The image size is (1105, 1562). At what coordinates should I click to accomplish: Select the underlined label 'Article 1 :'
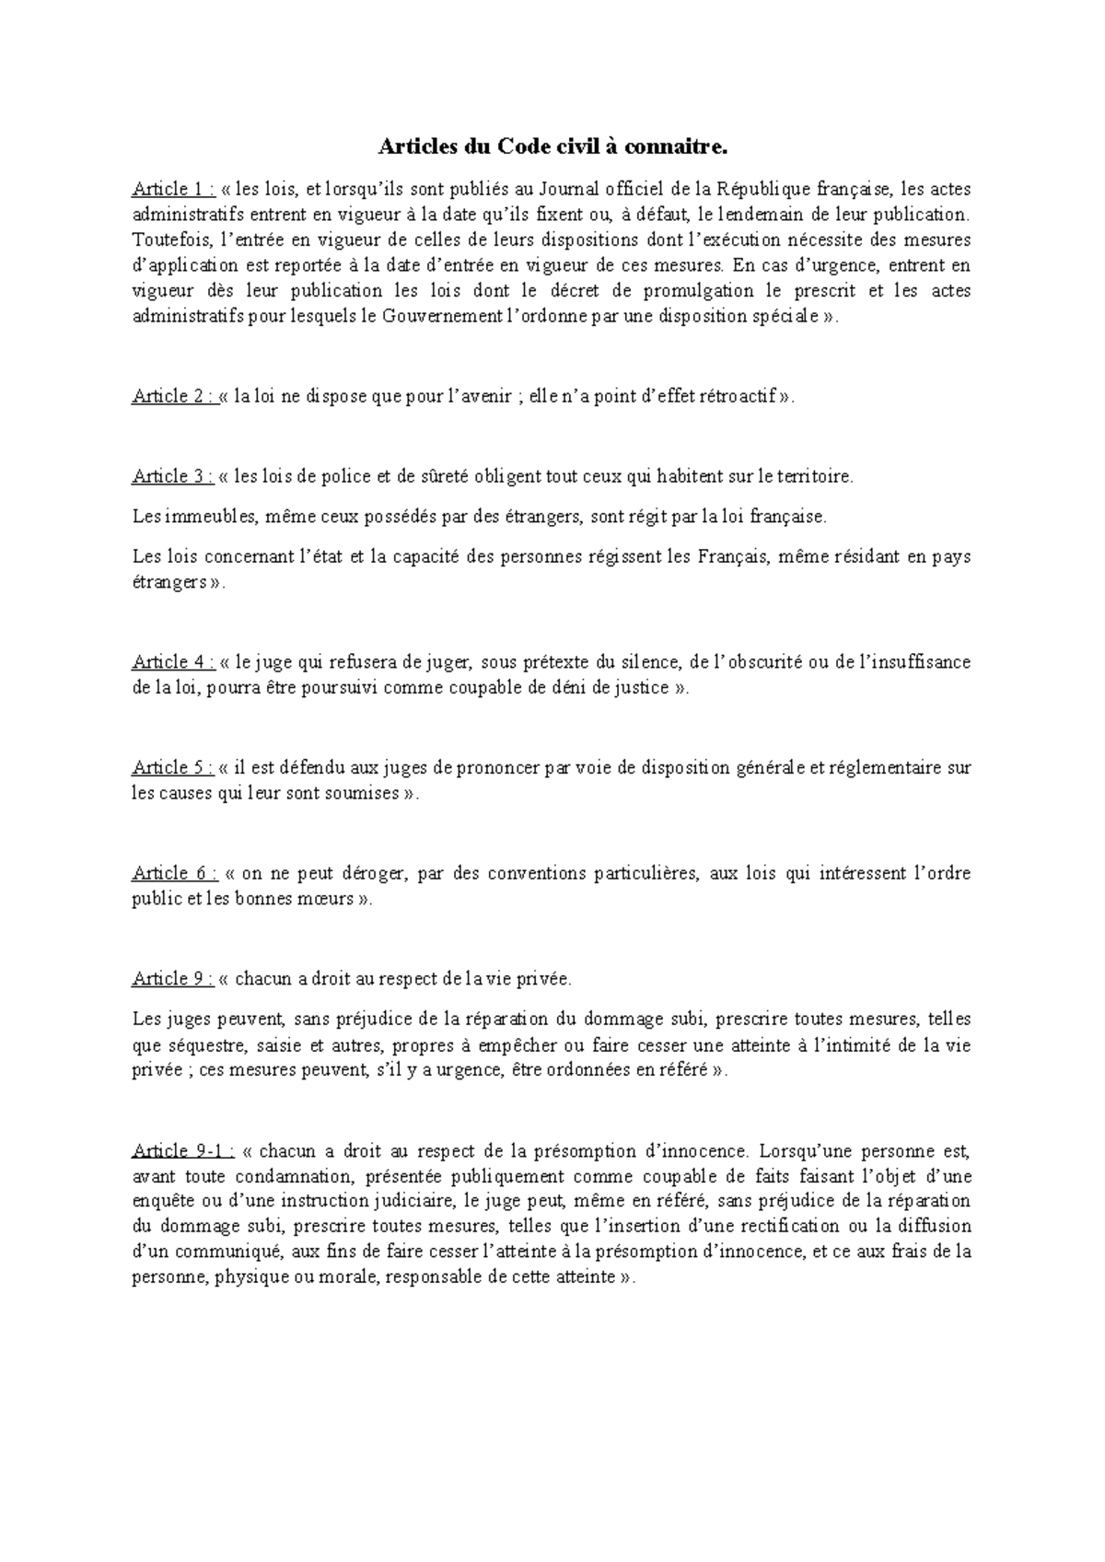click(173, 190)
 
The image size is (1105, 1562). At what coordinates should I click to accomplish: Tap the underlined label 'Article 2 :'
click(173, 397)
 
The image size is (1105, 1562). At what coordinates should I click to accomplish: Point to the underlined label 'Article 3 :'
click(173, 476)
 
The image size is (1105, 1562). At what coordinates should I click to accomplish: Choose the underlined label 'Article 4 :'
click(173, 662)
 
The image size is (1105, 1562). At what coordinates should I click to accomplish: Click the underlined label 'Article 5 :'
click(173, 768)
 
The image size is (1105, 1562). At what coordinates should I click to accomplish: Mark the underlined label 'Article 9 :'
click(173, 979)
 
